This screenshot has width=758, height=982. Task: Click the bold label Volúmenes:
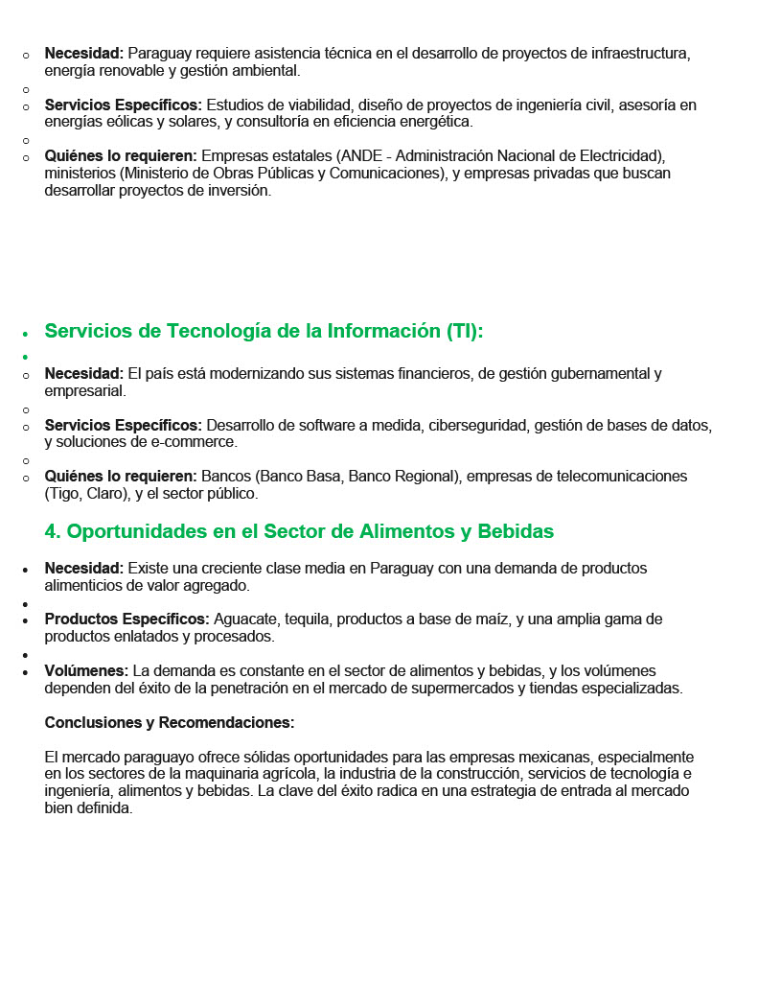click(86, 671)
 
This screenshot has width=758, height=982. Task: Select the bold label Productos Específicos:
click(126, 620)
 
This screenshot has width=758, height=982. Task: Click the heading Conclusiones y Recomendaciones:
click(169, 722)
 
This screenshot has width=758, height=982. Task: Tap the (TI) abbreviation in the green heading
click(465, 332)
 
